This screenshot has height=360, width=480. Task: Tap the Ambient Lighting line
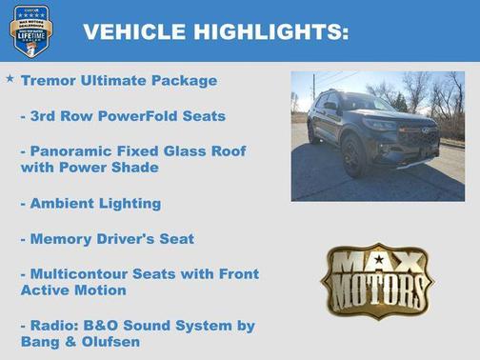coord(90,203)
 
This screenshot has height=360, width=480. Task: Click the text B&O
coord(106,325)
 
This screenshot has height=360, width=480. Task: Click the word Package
coord(186,81)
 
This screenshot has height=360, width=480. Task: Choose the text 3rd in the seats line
coord(45,116)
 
